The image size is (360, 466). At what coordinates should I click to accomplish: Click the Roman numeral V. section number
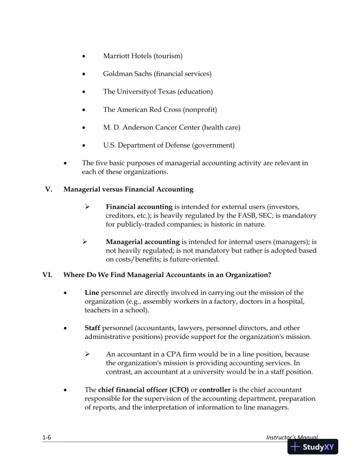point(49,189)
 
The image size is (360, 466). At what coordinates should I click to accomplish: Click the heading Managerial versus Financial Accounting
point(129,189)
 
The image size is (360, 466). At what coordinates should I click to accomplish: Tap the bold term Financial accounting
point(139,207)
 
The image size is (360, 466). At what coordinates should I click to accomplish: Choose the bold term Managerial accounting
point(142,242)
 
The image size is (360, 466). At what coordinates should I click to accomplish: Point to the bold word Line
point(92,292)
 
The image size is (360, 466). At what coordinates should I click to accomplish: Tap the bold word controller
point(218,390)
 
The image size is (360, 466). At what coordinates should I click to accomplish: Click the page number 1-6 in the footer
point(46,438)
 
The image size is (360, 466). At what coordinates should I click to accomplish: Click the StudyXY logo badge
point(312,447)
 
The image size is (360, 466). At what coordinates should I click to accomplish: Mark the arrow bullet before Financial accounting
point(86,207)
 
